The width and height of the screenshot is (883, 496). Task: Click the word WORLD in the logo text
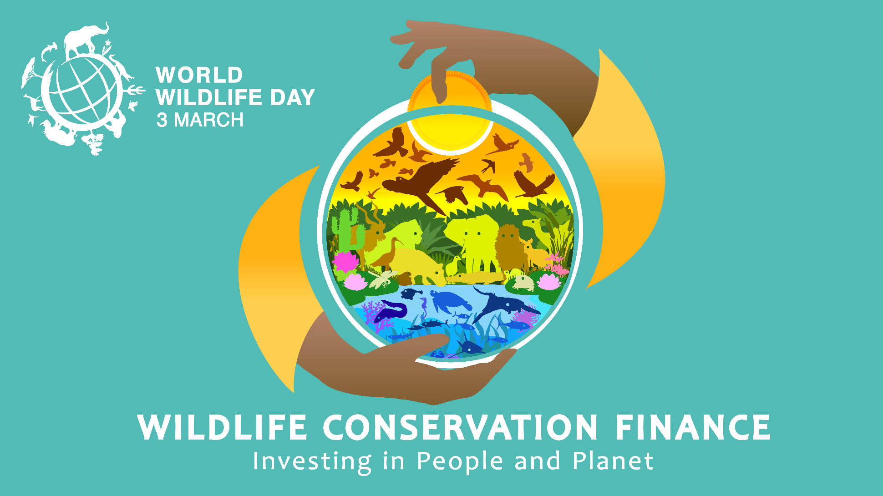tap(199, 75)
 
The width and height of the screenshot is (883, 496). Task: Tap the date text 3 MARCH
tap(200, 120)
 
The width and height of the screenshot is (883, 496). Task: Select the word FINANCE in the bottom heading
tap(692, 427)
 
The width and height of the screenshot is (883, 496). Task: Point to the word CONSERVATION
tap(460, 427)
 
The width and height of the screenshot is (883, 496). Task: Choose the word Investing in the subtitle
tap(312, 462)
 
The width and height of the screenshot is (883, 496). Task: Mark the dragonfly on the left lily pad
tap(383, 279)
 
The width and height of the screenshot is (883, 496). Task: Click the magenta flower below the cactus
tap(346, 262)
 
